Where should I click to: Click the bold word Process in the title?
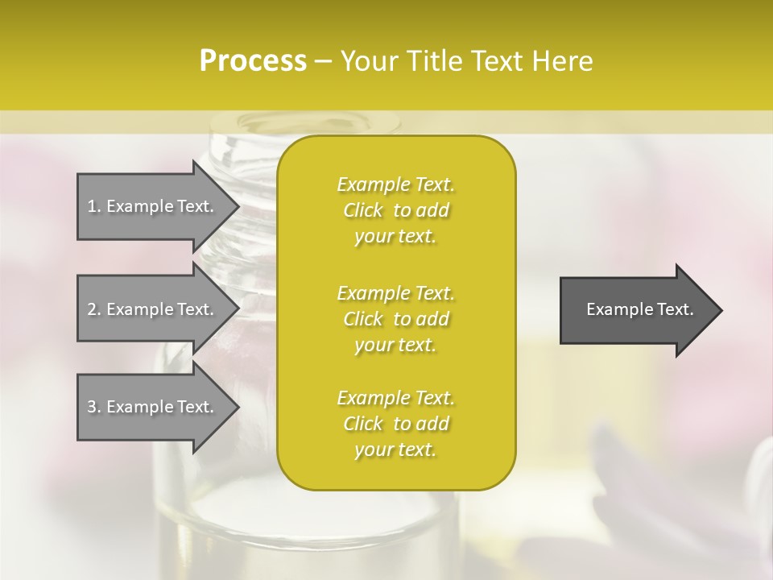coord(253,61)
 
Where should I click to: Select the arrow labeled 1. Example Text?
coord(153,206)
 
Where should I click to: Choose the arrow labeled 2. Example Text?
coord(153,309)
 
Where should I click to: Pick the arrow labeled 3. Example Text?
coord(153,407)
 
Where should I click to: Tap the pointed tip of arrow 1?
coord(237,206)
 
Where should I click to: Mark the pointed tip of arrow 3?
coord(237,407)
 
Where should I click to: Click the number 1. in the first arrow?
coord(94,206)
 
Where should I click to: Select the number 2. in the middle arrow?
coord(94,309)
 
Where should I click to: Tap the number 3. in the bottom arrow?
coord(94,407)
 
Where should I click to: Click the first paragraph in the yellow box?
coord(396,210)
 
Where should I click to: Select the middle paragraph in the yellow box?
coord(396,319)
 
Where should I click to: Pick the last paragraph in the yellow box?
coord(396,424)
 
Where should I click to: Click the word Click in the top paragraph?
coord(363,210)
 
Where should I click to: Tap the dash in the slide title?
coord(323,62)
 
